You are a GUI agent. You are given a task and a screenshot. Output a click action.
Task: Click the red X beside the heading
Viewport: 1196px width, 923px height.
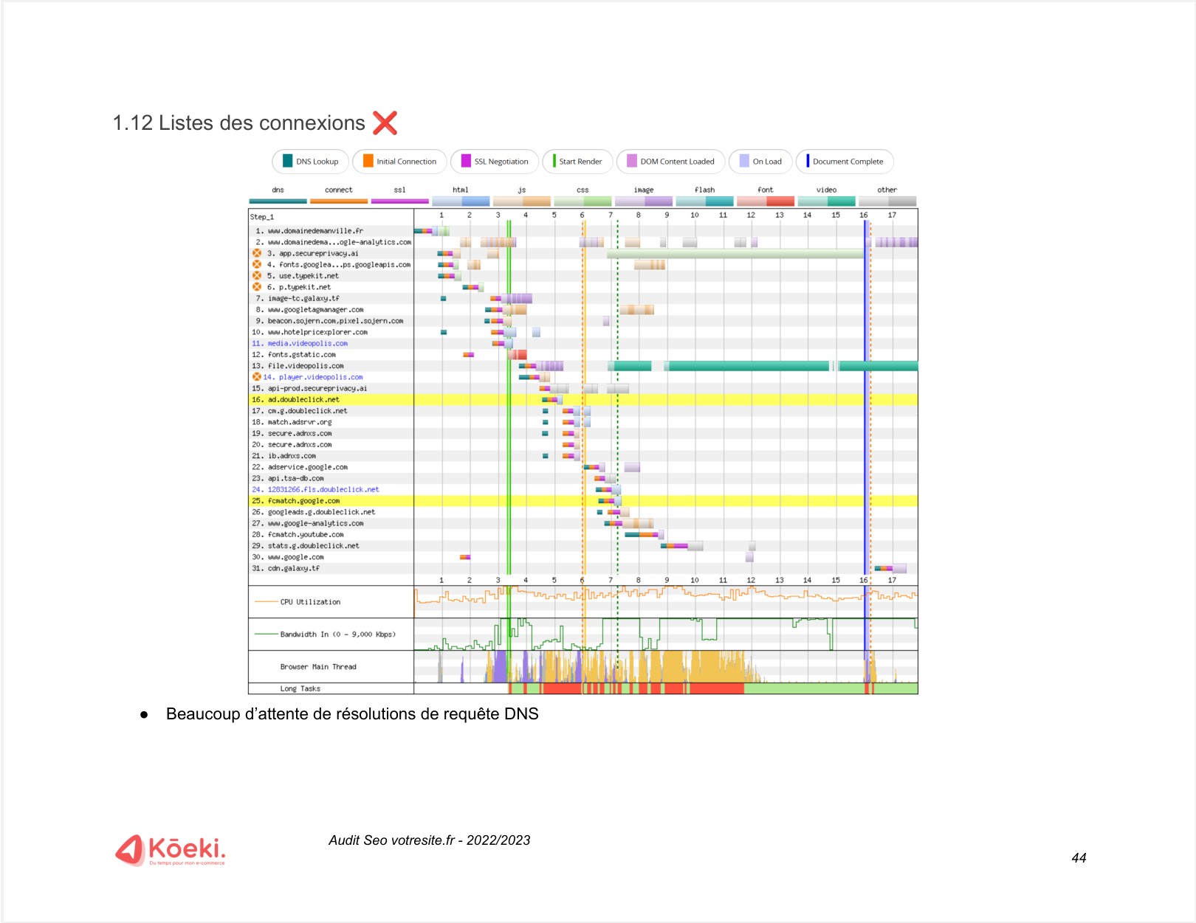point(385,122)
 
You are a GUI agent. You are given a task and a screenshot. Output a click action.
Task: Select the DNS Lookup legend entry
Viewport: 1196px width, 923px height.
point(310,162)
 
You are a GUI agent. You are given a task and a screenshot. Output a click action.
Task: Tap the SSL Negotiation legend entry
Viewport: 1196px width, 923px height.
point(494,162)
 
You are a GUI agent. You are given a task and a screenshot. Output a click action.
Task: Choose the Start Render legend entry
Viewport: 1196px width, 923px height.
point(577,162)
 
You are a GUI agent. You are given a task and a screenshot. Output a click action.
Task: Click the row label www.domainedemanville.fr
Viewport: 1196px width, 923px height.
point(315,231)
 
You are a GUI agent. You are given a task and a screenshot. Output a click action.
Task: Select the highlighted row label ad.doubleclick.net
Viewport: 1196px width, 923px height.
point(303,400)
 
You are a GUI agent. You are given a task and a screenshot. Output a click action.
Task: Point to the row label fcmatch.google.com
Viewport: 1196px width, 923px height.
point(303,501)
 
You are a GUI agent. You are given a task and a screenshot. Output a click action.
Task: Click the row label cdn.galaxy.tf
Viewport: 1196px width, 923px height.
point(294,569)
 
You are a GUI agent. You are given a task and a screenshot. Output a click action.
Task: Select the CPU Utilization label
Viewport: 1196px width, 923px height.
point(310,602)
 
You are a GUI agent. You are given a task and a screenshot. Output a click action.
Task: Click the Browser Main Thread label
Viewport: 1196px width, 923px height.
point(318,667)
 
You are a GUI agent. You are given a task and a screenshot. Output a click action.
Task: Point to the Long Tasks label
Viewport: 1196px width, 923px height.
point(300,689)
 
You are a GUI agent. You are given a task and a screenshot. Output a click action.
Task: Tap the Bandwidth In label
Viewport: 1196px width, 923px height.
point(337,635)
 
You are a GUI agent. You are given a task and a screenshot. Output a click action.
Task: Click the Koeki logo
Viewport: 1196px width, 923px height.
point(171,850)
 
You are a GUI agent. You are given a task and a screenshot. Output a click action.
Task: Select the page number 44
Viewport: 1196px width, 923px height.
point(1079,858)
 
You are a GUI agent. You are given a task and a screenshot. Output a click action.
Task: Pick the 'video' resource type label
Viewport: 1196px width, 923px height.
point(826,190)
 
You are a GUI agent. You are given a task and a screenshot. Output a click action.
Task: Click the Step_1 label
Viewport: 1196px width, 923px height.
point(262,217)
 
